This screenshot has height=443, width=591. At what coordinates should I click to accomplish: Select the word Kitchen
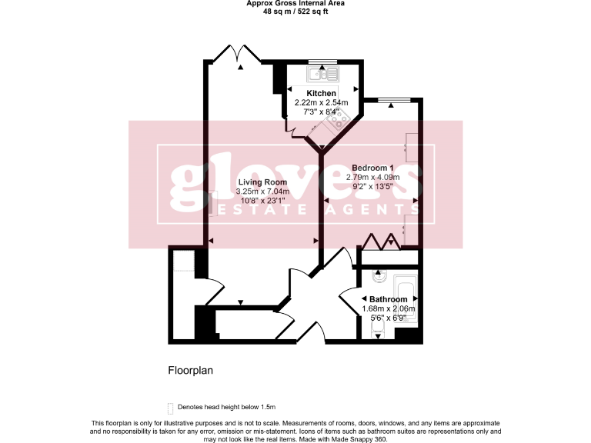(x=322, y=93)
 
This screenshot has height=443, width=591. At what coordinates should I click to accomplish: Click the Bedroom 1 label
(x=373, y=168)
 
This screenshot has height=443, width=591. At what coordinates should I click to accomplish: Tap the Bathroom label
(x=389, y=299)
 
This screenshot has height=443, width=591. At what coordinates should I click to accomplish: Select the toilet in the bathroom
(x=378, y=330)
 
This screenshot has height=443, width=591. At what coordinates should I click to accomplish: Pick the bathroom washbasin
(x=377, y=275)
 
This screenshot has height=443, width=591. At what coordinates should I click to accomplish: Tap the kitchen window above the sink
(x=322, y=61)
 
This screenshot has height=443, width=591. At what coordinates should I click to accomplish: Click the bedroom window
(x=392, y=99)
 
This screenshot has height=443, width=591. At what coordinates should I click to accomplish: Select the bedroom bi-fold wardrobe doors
(x=382, y=241)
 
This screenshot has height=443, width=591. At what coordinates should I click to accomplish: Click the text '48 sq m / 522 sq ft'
(x=295, y=12)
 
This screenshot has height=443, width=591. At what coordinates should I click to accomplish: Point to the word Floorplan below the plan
(x=191, y=370)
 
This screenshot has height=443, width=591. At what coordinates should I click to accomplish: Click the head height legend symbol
(x=171, y=407)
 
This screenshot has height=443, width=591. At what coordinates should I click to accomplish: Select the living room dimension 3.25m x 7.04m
(x=263, y=192)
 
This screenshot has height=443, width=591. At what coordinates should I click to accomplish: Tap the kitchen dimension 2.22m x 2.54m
(x=322, y=102)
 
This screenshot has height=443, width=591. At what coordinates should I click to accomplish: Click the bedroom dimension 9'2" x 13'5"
(x=373, y=186)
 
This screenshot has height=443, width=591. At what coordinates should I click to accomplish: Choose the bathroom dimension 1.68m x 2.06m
(x=389, y=308)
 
